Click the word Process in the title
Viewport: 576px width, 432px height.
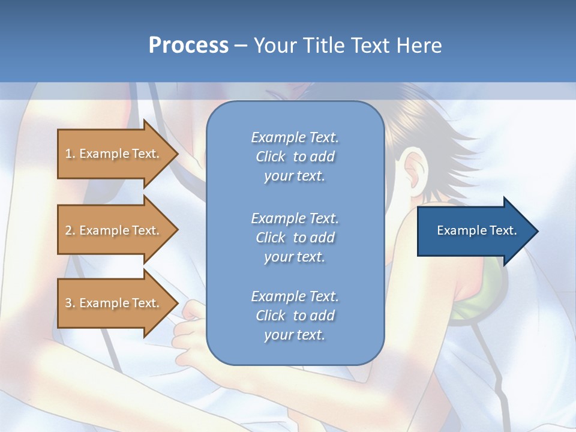click(188, 46)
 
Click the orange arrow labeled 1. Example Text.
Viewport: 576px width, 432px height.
click(114, 154)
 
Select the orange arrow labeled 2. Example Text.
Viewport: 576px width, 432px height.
click(114, 230)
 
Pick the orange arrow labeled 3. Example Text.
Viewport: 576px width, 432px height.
click(114, 303)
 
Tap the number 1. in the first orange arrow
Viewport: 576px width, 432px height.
click(70, 154)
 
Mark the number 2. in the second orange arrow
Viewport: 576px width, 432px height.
click(70, 230)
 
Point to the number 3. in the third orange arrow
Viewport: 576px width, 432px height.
click(70, 303)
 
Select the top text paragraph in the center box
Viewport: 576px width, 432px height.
click(295, 157)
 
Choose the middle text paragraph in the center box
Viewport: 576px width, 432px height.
click(295, 238)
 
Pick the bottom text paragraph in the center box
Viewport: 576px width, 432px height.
click(295, 316)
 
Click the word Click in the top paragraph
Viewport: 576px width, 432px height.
click(271, 157)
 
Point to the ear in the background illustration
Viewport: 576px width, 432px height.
click(414, 171)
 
